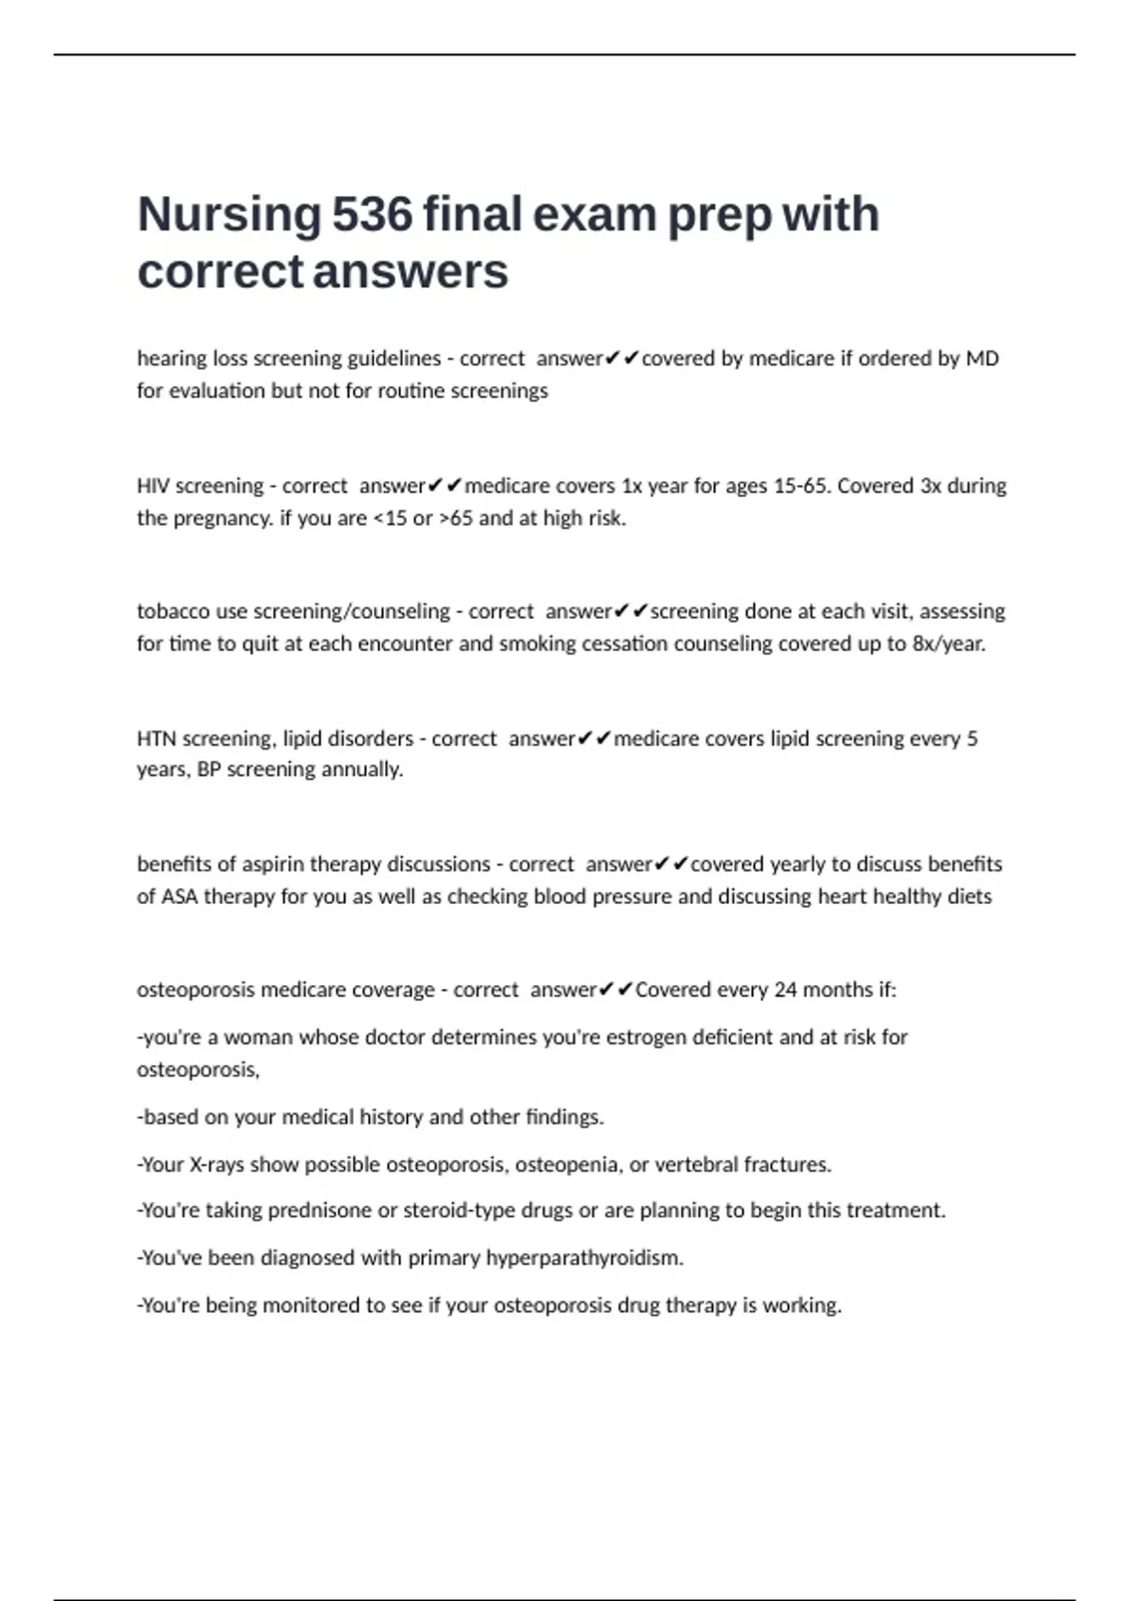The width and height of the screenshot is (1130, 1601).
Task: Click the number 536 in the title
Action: click(372, 215)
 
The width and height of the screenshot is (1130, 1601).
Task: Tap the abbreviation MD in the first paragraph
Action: click(982, 359)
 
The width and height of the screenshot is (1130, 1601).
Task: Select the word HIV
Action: click(153, 486)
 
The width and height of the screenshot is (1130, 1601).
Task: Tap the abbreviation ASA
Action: click(179, 897)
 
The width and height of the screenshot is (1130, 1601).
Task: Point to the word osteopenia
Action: click(568, 1165)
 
